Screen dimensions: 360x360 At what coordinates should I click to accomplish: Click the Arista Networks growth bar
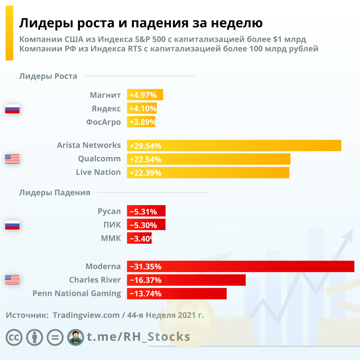(234, 146)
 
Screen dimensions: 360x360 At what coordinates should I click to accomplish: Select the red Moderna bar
(240, 266)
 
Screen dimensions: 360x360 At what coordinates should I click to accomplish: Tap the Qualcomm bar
(208, 159)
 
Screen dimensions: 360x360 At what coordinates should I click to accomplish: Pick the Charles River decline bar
(186, 280)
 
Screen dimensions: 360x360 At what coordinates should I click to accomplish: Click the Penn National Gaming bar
(177, 294)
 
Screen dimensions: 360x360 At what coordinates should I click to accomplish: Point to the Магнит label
(105, 95)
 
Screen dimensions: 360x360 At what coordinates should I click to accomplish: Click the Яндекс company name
(106, 109)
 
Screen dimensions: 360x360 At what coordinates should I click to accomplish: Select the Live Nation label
(98, 172)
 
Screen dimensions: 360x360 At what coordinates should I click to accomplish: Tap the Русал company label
(109, 211)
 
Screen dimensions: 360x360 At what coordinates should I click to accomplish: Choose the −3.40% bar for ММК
(139, 238)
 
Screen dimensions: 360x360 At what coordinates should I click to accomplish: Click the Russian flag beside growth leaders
(12, 109)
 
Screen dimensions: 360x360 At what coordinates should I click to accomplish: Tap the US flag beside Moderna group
(12, 280)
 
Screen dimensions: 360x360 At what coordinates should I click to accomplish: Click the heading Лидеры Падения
(55, 193)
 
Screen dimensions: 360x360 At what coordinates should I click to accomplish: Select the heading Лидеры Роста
(48, 76)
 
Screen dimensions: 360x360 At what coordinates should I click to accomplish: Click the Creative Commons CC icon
(14, 337)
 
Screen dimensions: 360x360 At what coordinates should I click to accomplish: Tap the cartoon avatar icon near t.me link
(76, 337)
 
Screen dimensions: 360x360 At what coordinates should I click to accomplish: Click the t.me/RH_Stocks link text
(138, 337)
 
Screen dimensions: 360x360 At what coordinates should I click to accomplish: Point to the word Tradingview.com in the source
(86, 315)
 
